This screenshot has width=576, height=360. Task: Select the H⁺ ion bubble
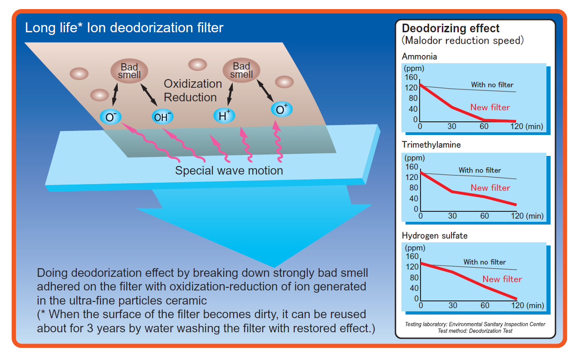point(224,115)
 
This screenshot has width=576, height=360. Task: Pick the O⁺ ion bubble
point(282,110)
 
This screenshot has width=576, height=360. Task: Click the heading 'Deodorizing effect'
point(451,29)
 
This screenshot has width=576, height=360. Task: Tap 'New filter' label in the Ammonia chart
point(490,107)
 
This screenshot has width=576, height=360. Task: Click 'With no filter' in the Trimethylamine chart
point(480,170)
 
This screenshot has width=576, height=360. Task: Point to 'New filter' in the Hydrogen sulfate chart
point(502,279)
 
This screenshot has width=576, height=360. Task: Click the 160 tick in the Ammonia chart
point(411,76)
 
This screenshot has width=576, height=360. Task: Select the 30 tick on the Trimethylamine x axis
point(452,216)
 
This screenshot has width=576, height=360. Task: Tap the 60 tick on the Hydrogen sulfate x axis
point(485,305)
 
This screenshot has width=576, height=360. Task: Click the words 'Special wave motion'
point(229,170)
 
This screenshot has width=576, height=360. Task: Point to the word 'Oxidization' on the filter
point(193,84)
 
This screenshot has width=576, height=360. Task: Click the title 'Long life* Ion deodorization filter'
point(124,28)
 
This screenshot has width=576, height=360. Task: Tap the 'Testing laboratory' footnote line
point(475,324)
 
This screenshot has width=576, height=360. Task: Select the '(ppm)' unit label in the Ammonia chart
point(414,69)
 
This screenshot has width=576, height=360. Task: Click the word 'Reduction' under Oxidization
point(190,97)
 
